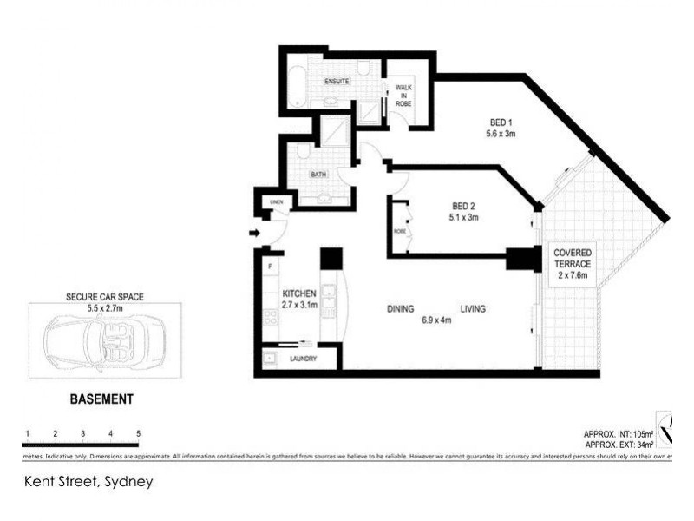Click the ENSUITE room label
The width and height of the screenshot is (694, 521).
click(x=337, y=81)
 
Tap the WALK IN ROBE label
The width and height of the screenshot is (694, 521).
click(x=403, y=95)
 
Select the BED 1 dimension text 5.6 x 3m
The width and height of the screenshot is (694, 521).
click(x=501, y=134)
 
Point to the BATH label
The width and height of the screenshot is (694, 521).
click(x=319, y=175)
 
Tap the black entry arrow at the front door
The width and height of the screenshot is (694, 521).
click(x=252, y=233)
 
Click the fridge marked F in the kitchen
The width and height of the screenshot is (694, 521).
click(x=271, y=266)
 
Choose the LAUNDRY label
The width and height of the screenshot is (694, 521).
click(x=304, y=359)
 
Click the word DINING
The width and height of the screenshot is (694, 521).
click(x=400, y=309)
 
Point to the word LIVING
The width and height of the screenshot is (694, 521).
click(x=472, y=309)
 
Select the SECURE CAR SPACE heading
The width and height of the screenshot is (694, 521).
click(x=103, y=296)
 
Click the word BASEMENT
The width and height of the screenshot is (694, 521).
click(x=101, y=400)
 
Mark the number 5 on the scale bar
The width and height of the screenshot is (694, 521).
click(x=138, y=432)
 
